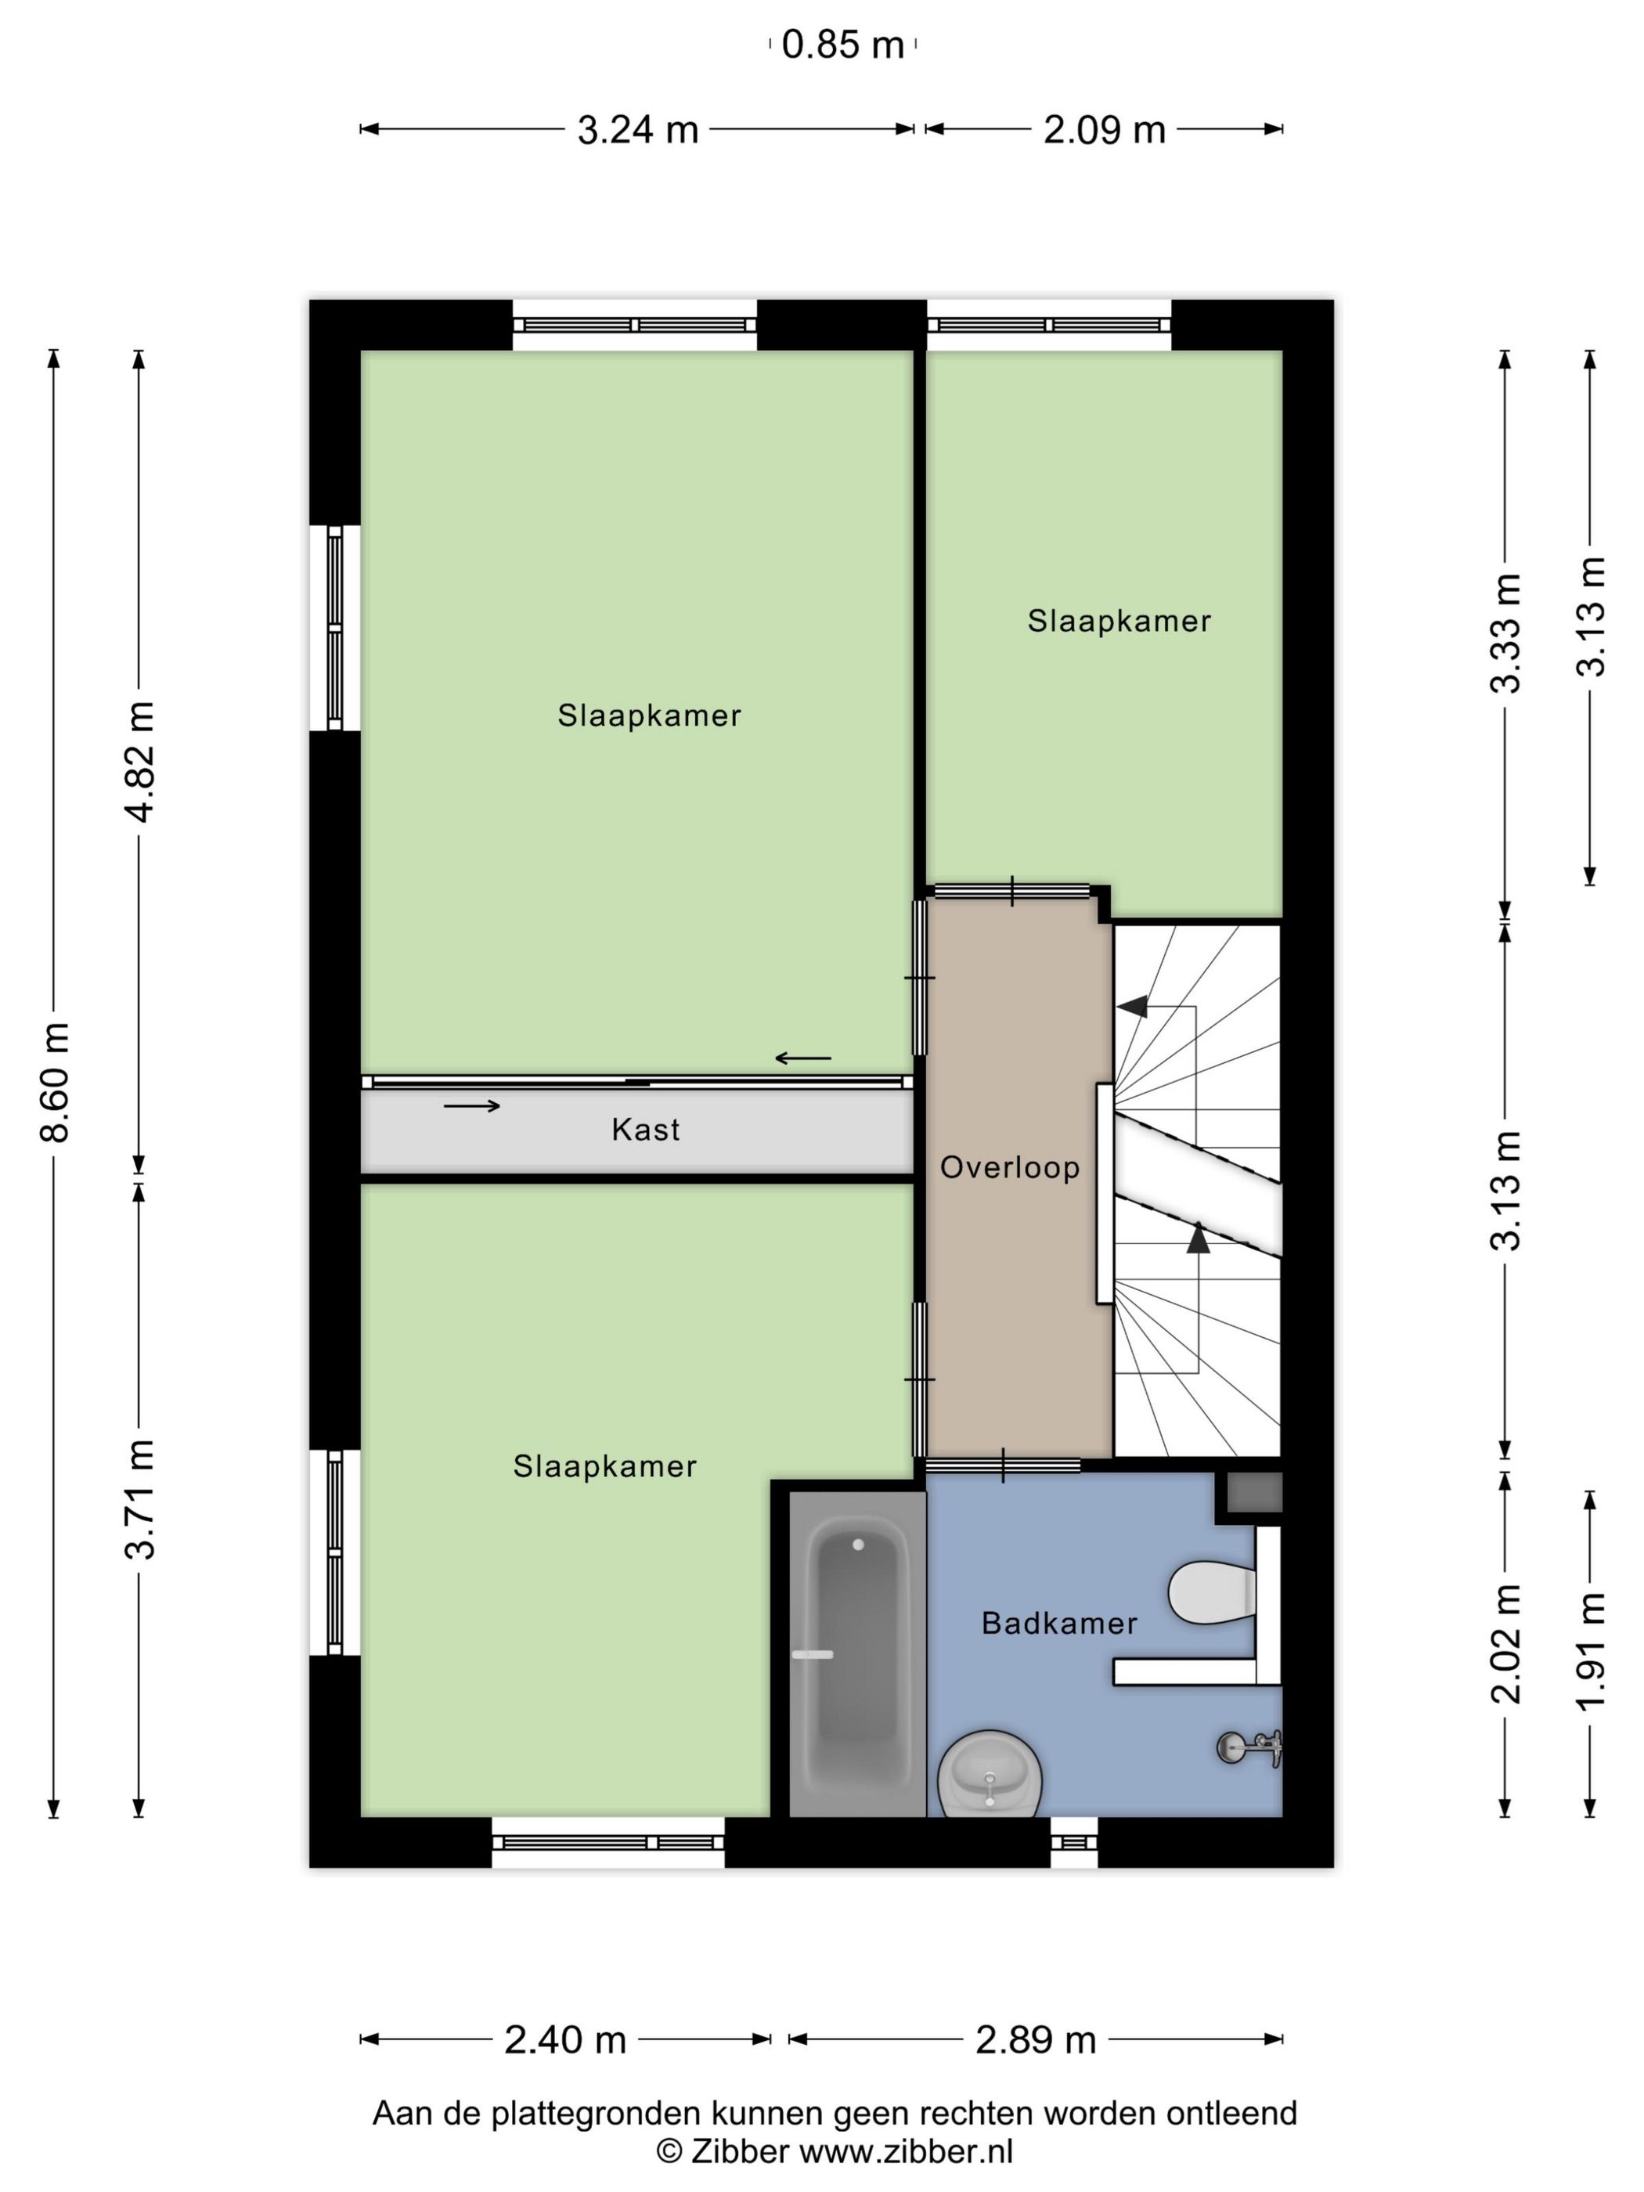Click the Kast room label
pyautogui.click(x=645, y=1130)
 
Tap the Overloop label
pyautogui.click(x=1009, y=1167)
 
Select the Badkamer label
pyautogui.click(x=1058, y=1623)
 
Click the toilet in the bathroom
pyautogui.click(x=1211, y=1593)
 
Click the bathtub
pyautogui.click(x=857, y=1659)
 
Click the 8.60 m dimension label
pyautogui.click(x=56, y=1082)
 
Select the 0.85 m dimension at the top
pyautogui.click(x=842, y=45)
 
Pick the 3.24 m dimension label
pyautogui.click(x=637, y=130)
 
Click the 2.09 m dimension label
pyautogui.click(x=1104, y=130)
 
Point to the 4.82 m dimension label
pyautogui.click(x=139, y=761)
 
